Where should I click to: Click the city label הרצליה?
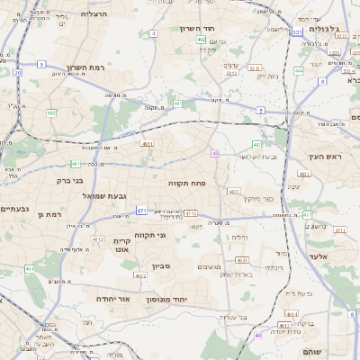click(94, 13)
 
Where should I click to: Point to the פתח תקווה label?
click(187, 182)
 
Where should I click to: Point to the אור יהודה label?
click(113, 298)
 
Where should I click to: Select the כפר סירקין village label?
click(256, 198)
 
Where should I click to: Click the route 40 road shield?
click(215, 154)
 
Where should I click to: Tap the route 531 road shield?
click(297, 31)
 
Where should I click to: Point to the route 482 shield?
click(51, 112)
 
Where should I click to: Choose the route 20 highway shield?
click(17, 73)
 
